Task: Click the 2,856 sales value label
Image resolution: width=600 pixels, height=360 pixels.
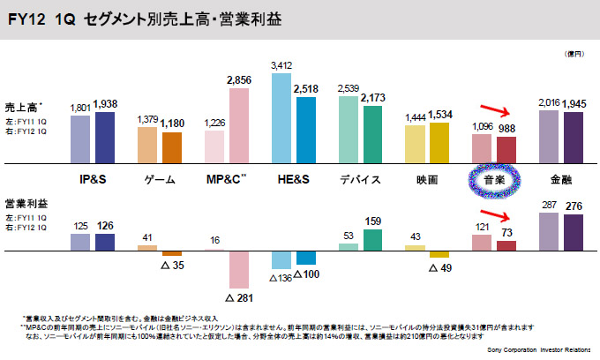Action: [x=241, y=80]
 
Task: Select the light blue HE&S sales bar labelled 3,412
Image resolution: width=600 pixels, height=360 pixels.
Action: [x=282, y=119]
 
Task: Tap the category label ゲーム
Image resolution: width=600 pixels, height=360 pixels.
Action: [x=159, y=179]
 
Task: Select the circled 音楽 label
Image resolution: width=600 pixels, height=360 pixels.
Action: [x=494, y=180]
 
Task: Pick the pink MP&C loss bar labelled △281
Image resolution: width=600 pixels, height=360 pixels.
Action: [x=240, y=270]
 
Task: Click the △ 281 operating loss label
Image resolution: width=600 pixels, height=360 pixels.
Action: [x=240, y=297]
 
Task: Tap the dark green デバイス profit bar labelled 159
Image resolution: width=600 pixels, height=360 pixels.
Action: [x=372, y=240]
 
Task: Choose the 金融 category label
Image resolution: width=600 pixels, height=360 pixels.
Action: [x=560, y=179]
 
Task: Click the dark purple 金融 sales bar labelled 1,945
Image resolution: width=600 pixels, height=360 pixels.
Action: [x=572, y=138]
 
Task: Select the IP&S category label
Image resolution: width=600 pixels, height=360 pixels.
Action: [x=93, y=179]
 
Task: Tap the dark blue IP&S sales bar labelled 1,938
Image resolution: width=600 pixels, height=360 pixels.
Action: [x=104, y=138]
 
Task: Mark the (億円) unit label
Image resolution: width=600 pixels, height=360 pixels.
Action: [x=574, y=55]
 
